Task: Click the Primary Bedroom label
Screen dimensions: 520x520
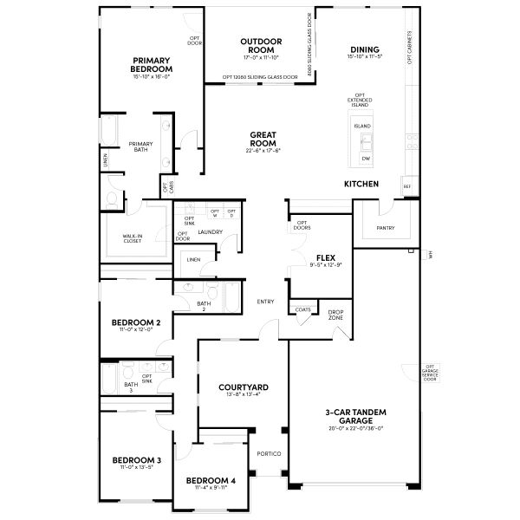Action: pyautogui.click(x=151, y=65)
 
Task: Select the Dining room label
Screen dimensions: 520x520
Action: pyautogui.click(x=364, y=49)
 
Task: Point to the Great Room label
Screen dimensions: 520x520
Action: pyautogui.click(x=263, y=139)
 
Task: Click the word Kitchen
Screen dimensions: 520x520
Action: pyautogui.click(x=361, y=185)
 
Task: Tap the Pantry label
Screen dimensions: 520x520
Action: pyautogui.click(x=386, y=228)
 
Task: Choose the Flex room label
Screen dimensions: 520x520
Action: pyautogui.click(x=326, y=258)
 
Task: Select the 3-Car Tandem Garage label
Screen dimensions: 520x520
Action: pyautogui.click(x=355, y=417)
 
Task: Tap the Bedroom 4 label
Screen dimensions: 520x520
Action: pyautogui.click(x=210, y=481)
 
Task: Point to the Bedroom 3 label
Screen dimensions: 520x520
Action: pyautogui.click(x=137, y=459)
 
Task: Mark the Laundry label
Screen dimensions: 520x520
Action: pyautogui.click(x=211, y=232)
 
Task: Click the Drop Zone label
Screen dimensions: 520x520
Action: pyautogui.click(x=335, y=315)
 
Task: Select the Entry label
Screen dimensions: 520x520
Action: pyautogui.click(x=266, y=302)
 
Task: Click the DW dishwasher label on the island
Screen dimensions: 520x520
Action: pyautogui.click(x=366, y=159)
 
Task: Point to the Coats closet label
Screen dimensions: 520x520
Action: pyautogui.click(x=303, y=309)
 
